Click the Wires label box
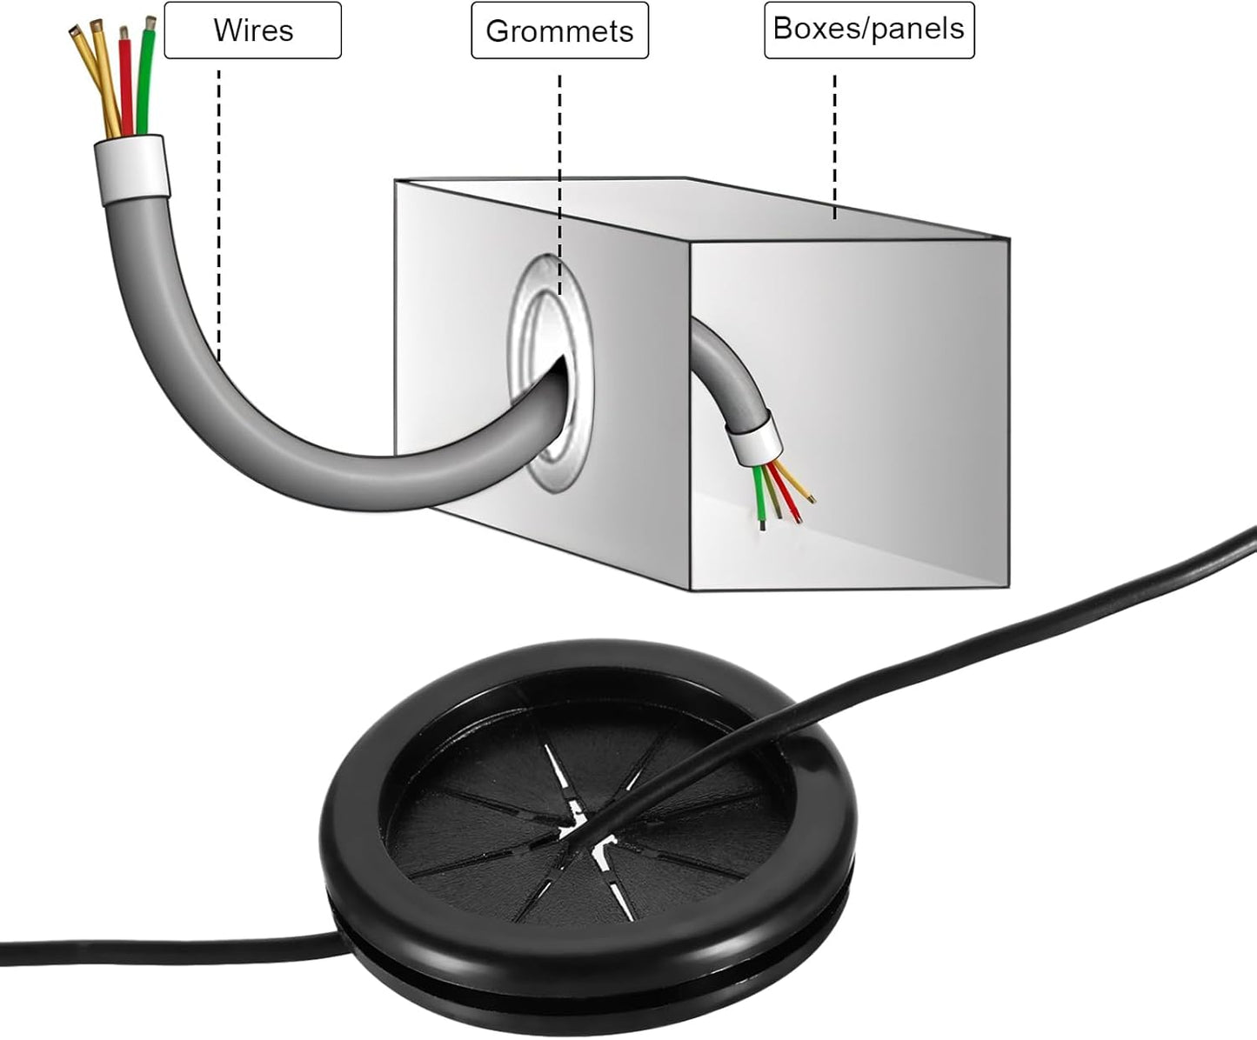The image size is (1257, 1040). click(x=253, y=30)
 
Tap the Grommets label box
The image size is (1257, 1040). click(x=560, y=30)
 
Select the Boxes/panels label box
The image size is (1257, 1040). click(x=869, y=30)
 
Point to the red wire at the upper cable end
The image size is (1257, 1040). click(x=125, y=81)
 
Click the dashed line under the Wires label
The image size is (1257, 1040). click(x=218, y=216)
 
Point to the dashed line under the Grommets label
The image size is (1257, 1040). click(x=560, y=184)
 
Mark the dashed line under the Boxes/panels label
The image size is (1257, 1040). click(x=834, y=147)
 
